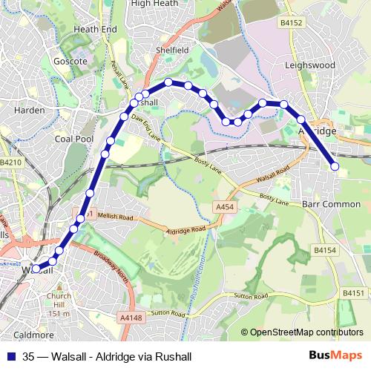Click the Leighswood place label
tap(310, 65)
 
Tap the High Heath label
tap(155, 4)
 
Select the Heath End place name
tap(96, 29)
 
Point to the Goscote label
tap(71, 61)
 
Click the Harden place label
tap(30, 111)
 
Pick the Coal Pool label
tap(74, 138)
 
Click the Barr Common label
tap(332, 203)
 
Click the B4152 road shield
tap(292, 24)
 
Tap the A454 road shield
tap(223, 206)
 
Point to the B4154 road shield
tap(325, 252)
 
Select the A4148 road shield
tap(129, 318)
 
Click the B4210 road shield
tap(11, 162)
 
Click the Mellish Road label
tap(115, 217)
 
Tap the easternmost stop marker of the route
tap(335, 167)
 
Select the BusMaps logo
tap(335, 356)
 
